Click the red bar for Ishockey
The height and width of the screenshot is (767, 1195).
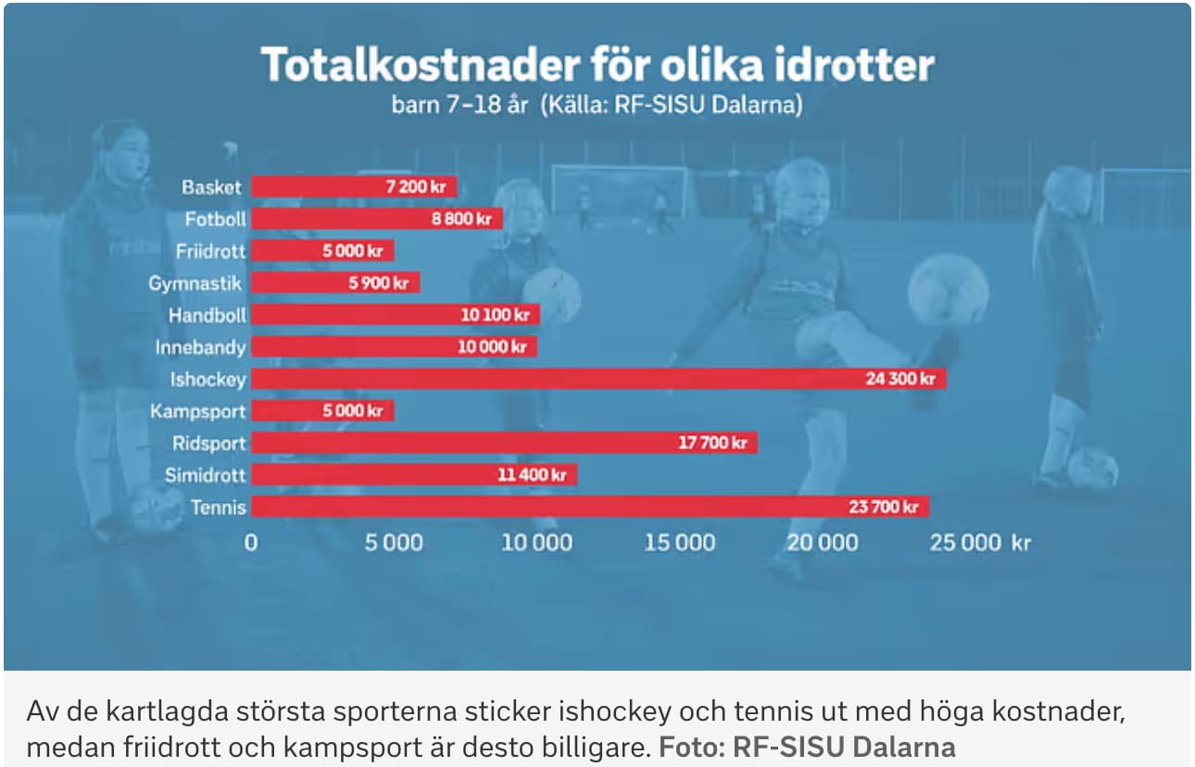(x=597, y=379)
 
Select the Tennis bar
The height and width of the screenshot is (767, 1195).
(x=589, y=507)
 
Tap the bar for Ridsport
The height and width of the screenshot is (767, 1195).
(x=504, y=443)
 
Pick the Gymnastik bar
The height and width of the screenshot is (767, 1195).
(x=335, y=283)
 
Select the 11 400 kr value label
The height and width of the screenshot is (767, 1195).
(x=532, y=475)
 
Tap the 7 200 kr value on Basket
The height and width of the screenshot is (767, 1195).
(x=415, y=187)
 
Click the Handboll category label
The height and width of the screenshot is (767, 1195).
(x=207, y=315)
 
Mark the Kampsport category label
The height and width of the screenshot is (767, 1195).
(x=198, y=411)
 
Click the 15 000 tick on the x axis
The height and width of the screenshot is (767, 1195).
(x=679, y=543)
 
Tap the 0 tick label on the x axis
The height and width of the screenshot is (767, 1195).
(x=251, y=543)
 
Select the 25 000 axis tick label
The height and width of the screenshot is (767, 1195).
(x=966, y=543)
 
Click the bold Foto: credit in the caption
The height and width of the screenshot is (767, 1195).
(x=691, y=746)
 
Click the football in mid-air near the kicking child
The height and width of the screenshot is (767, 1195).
(x=948, y=290)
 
